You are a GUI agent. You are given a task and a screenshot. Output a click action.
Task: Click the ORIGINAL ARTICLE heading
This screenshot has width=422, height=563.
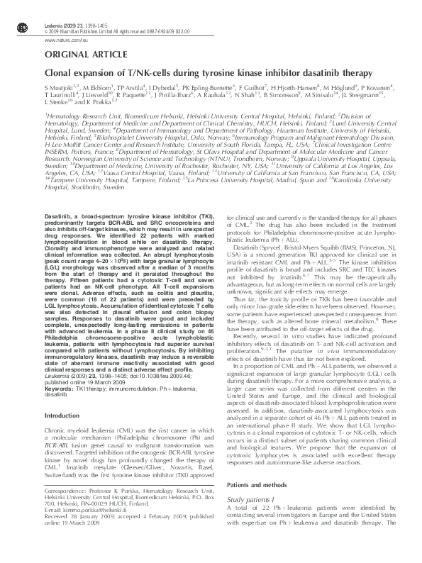pyautogui.click(x=79, y=55)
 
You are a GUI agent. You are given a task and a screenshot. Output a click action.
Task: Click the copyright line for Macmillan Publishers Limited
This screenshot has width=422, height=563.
pyautogui.click(x=99, y=31)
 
